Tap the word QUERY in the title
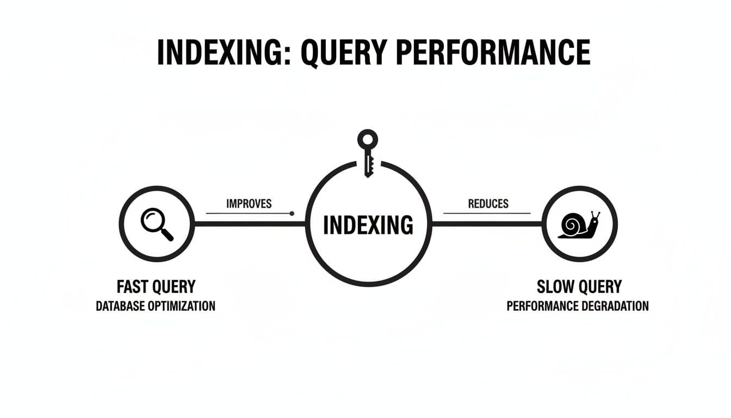tap(340, 53)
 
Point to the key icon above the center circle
tap(368, 152)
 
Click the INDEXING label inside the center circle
tap(368, 225)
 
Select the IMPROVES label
tap(249, 204)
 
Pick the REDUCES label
tap(488, 204)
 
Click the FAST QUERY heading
tap(156, 286)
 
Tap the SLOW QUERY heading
tap(579, 286)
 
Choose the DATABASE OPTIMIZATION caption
tap(156, 306)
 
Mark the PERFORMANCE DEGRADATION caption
tap(578, 306)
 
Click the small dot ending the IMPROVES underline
tap(292, 213)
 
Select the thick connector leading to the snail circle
tap(487, 224)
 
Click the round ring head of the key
tap(368, 139)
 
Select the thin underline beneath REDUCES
tap(487, 213)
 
